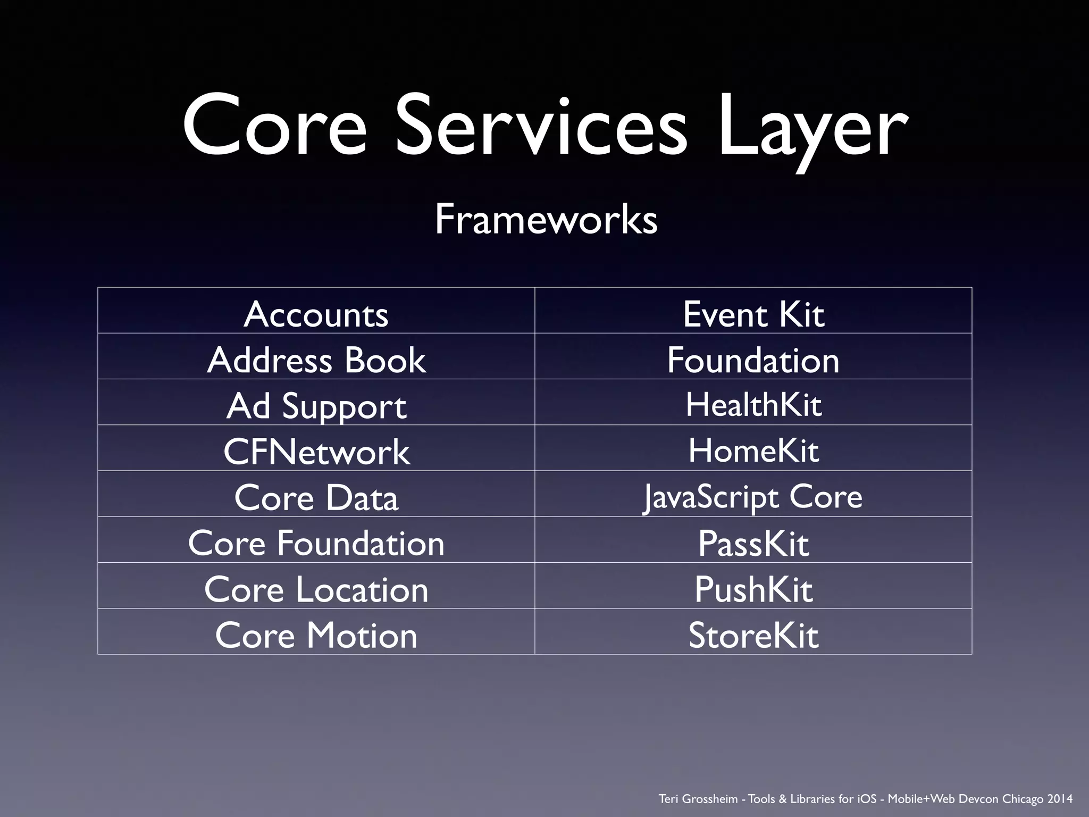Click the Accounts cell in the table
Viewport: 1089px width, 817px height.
(x=316, y=314)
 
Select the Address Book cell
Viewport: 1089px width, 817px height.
(x=316, y=360)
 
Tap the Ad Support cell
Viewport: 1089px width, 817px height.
(x=316, y=405)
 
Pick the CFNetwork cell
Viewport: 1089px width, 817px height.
(x=316, y=451)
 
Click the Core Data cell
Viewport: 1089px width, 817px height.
(x=316, y=497)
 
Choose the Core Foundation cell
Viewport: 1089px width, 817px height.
(x=316, y=543)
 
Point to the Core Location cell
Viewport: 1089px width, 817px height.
(x=316, y=589)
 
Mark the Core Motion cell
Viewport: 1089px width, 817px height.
(x=316, y=635)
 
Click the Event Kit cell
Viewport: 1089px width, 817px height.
(x=753, y=314)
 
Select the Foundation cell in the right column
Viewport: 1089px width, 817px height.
(x=753, y=360)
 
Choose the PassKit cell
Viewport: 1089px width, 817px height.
(x=753, y=543)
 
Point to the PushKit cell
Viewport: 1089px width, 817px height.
(x=753, y=589)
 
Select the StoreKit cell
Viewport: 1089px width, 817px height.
(x=753, y=635)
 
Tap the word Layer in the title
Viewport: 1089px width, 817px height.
(x=812, y=128)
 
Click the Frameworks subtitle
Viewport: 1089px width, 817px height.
(x=546, y=219)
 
